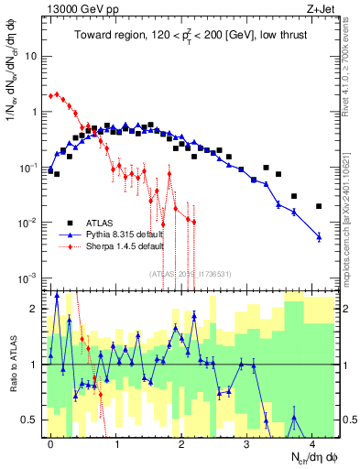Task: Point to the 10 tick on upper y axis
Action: tap(30, 56)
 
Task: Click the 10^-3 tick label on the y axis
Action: tap(27, 278)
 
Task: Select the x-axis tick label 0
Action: tap(50, 442)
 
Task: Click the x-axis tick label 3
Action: tap(247, 442)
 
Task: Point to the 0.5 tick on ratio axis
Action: tap(27, 420)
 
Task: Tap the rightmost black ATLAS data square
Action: tap(319, 206)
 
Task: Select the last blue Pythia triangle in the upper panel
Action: tap(319, 237)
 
